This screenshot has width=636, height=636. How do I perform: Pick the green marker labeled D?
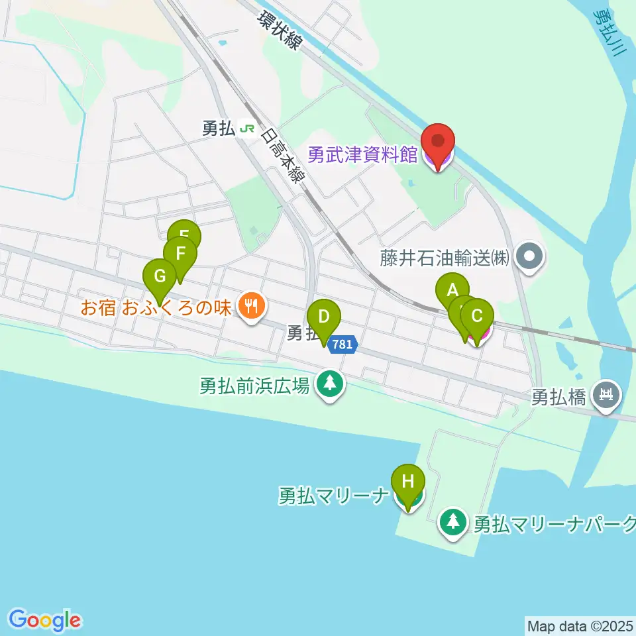pos(323,317)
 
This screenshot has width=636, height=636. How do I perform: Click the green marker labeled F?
pos(180,254)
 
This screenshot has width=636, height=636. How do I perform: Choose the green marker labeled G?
pos(160,276)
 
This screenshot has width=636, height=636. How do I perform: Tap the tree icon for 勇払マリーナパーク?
pos(453,522)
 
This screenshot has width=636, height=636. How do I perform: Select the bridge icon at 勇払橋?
pos(606,396)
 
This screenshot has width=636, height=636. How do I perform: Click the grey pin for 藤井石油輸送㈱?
pos(530,256)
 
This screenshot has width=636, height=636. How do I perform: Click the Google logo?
pos(44,620)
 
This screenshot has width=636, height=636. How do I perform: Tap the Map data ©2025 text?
pos(579,625)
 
